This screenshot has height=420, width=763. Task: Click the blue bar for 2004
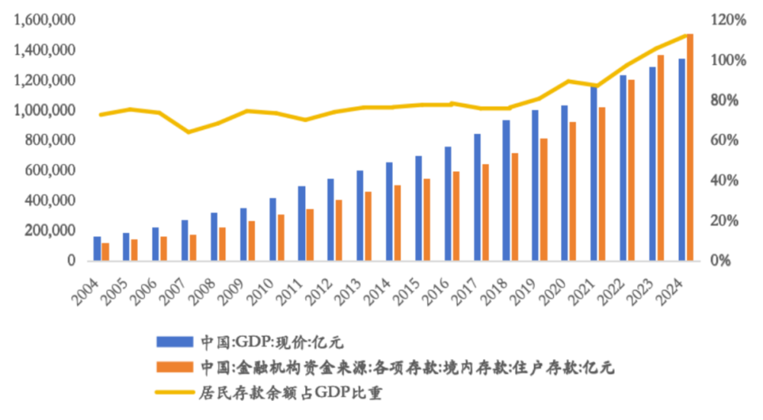[x=97, y=248]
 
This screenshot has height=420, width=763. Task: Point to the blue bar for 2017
[x=477, y=196]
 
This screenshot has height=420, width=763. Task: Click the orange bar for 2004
[x=107, y=251]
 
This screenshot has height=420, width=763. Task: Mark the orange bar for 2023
[x=661, y=157]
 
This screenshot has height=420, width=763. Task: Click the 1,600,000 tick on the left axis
[x=45, y=20]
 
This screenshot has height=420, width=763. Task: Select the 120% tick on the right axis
[x=729, y=21]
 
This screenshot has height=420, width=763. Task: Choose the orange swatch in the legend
[x=173, y=367]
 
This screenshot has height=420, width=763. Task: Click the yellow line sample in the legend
[x=173, y=393]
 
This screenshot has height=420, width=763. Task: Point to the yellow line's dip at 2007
[x=190, y=132]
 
